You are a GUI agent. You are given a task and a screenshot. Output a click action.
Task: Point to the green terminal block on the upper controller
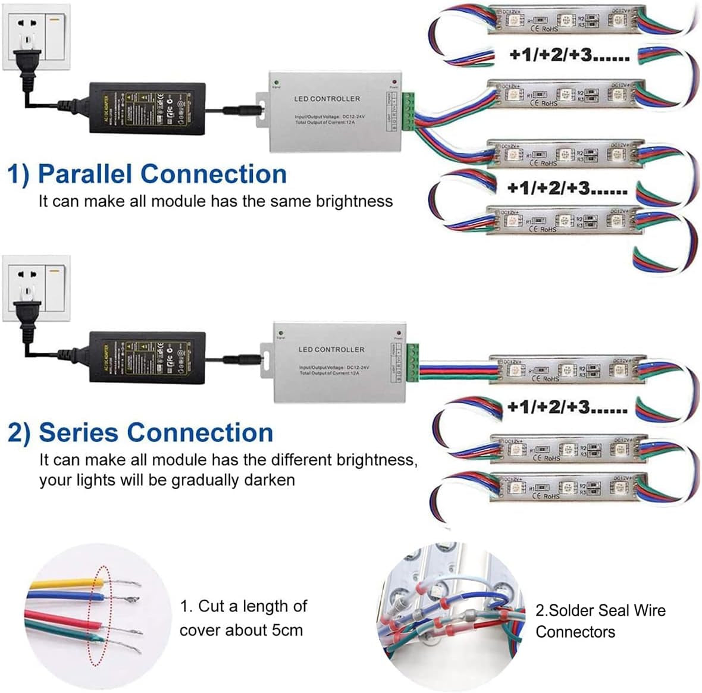408,111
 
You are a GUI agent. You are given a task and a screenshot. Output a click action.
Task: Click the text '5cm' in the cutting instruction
287,630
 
